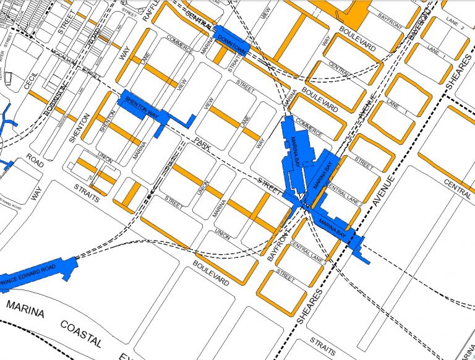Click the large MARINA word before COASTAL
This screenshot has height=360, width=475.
point(25,309)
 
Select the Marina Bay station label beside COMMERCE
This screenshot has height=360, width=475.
point(299,152)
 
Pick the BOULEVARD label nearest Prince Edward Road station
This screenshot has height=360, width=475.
point(211,273)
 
